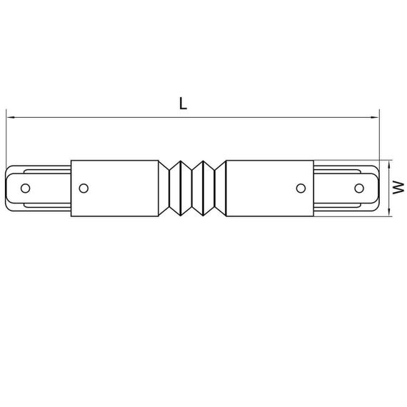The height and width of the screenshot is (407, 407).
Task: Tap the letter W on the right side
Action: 398,187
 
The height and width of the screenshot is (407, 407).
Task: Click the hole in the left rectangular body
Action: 84,188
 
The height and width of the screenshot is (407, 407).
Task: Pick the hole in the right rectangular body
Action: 301,188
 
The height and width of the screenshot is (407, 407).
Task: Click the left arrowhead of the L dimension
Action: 10,116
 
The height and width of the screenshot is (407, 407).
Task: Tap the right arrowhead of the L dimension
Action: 376,116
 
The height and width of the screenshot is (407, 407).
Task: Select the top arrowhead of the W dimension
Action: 388,163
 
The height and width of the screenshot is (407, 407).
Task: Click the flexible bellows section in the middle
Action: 192,188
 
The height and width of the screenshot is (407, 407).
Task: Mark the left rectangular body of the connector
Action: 114,188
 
